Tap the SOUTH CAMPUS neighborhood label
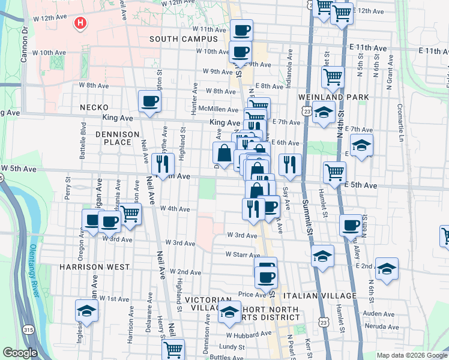[183, 39]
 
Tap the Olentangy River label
[35, 270]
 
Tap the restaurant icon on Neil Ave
[163, 163]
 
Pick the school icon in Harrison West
[86, 312]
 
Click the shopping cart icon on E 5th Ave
[334, 172]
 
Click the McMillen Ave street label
[218, 109]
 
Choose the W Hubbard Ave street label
[245, 335]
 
